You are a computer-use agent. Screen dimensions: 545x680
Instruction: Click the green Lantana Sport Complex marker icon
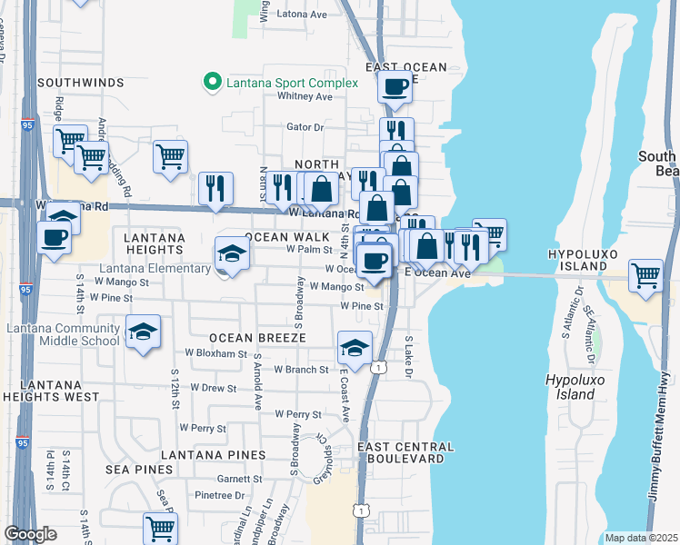pyautogui.click(x=212, y=83)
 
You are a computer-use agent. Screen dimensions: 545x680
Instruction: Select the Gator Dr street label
pyautogui.click(x=305, y=127)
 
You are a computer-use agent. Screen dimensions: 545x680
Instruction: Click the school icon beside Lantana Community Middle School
pyautogui.click(x=142, y=332)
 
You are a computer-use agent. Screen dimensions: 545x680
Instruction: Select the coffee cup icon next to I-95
pyautogui.click(x=54, y=238)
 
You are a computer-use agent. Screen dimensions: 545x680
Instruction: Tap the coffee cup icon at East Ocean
pyautogui.click(x=394, y=87)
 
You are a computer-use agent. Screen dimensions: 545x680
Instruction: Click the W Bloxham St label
pyautogui.click(x=215, y=352)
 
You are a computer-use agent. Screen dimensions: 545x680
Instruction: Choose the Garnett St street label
pyautogui.click(x=239, y=479)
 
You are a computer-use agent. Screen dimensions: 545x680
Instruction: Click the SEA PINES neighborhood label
pyautogui.click(x=138, y=469)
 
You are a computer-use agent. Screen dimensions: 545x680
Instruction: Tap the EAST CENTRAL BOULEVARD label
pyautogui.click(x=405, y=453)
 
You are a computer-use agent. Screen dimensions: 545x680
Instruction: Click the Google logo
pyautogui.click(x=30, y=534)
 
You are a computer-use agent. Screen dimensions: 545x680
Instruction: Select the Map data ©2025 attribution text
pyautogui.click(x=640, y=538)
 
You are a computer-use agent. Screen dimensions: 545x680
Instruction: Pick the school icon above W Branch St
pyautogui.click(x=355, y=347)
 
